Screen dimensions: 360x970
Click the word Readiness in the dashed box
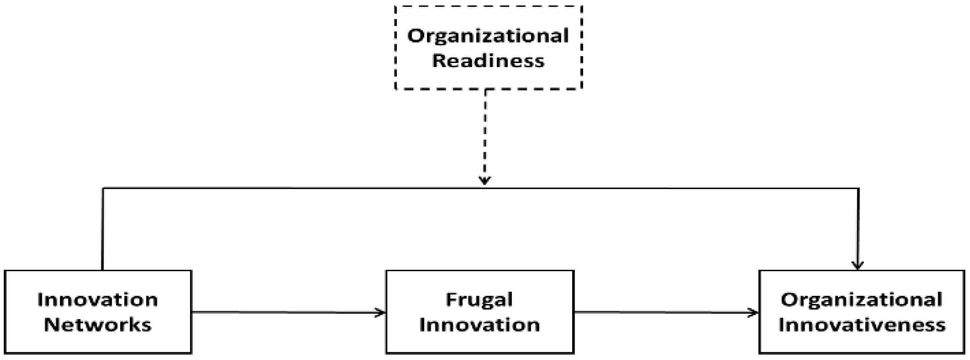[488, 61]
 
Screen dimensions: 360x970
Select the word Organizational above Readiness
[488, 36]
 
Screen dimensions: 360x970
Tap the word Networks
[98, 324]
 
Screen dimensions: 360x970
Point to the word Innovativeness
[862, 324]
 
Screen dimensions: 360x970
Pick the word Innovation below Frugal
[479, 324]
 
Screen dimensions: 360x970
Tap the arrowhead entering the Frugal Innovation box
[381, 312]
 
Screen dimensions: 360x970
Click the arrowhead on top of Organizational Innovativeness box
[858, 265]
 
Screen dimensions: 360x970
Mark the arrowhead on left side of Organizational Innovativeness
[754, 312]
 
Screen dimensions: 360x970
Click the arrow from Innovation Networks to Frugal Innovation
[286, 312]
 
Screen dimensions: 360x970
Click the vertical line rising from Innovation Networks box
[103, 230]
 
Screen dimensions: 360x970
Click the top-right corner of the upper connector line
[858, 188]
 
